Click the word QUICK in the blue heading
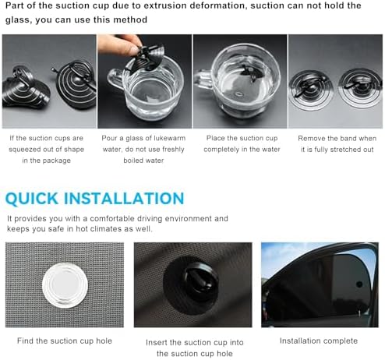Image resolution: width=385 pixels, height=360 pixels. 32,199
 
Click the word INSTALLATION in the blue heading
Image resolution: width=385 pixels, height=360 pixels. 124,199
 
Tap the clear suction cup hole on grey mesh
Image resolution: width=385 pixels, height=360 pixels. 65,285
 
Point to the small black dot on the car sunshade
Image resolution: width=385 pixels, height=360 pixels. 359,284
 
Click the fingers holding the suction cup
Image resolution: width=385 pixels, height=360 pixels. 120,44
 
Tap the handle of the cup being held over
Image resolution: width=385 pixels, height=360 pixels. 115,79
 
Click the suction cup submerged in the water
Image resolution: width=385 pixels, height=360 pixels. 249,73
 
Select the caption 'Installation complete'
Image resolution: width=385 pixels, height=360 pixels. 319,341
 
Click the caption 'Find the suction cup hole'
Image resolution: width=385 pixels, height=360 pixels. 65,341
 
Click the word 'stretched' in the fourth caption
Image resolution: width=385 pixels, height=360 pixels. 344,150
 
